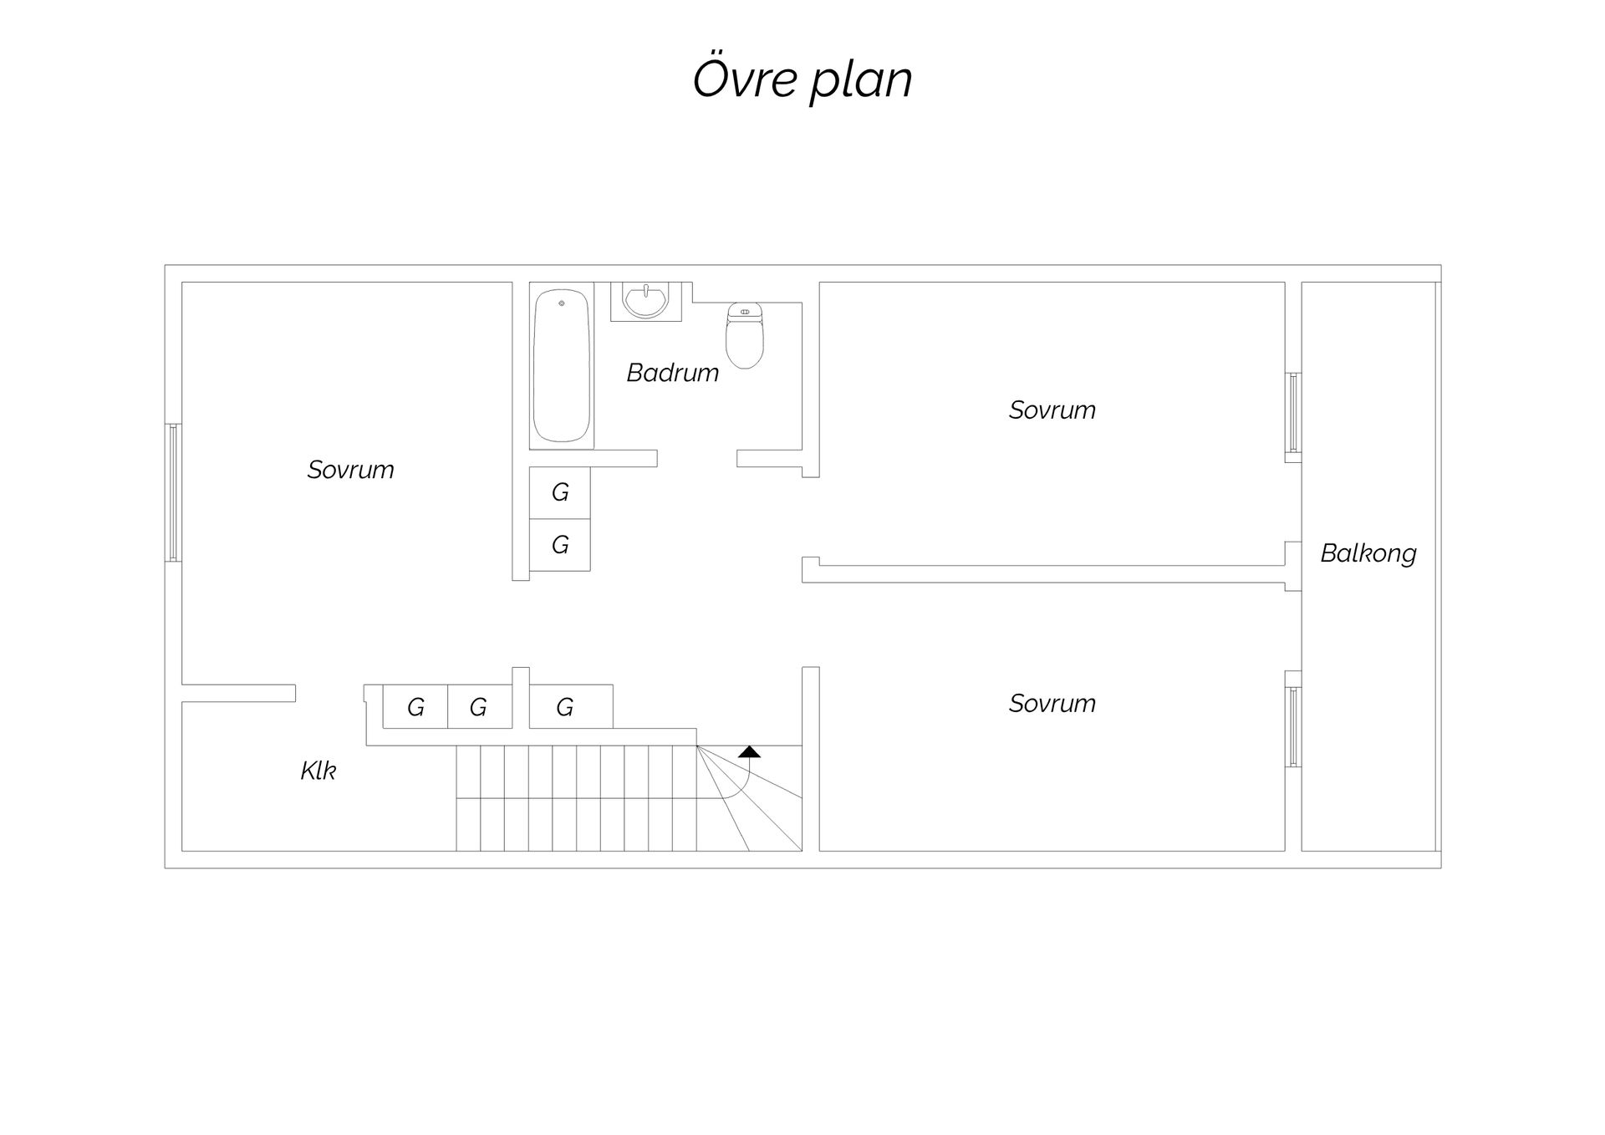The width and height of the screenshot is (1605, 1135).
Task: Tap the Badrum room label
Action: pos(673,373)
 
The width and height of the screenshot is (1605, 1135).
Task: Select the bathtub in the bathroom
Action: pos(562,365)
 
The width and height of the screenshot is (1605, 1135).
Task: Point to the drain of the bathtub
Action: pos(562,303)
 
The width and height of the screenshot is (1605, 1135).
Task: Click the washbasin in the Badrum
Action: pos(645,301)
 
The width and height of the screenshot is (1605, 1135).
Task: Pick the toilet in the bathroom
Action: pos(744,335)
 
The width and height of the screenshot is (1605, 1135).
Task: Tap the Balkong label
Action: pos(1368,554)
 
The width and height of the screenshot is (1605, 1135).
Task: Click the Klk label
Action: pos(318,771)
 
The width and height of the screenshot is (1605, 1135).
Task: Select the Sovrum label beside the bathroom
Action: pos(1052,410)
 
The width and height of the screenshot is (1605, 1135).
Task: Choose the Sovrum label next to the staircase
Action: pos(1052,704)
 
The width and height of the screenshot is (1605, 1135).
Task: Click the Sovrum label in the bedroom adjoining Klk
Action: pos(350,470)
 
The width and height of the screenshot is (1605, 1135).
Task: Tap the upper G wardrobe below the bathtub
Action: pos(560,493)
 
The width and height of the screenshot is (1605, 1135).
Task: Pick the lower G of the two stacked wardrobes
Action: pos(560,545)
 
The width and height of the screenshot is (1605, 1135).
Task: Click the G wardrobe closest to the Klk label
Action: pos(415,707)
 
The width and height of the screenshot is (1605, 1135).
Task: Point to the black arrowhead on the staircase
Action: pos(749,751)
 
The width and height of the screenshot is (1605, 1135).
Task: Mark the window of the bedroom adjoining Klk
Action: pos(173,492)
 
